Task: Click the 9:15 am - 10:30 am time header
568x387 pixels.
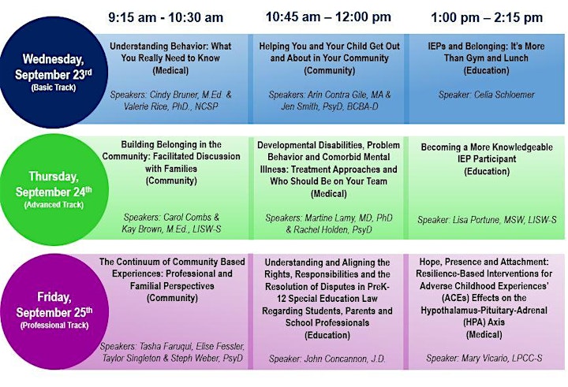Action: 166,17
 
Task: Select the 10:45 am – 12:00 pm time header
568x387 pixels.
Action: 328,17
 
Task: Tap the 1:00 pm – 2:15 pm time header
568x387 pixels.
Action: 487,17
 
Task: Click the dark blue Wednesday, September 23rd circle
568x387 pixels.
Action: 54,72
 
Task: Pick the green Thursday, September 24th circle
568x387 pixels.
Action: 54,190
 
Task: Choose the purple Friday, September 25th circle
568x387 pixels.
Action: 54,311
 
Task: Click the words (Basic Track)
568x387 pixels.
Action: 54,87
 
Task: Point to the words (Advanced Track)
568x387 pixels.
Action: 54,205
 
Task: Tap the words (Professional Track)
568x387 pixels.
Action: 54,326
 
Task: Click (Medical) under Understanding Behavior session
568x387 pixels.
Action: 170,70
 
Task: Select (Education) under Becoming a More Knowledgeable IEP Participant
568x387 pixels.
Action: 487,171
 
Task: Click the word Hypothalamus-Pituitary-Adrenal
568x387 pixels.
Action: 484,311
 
